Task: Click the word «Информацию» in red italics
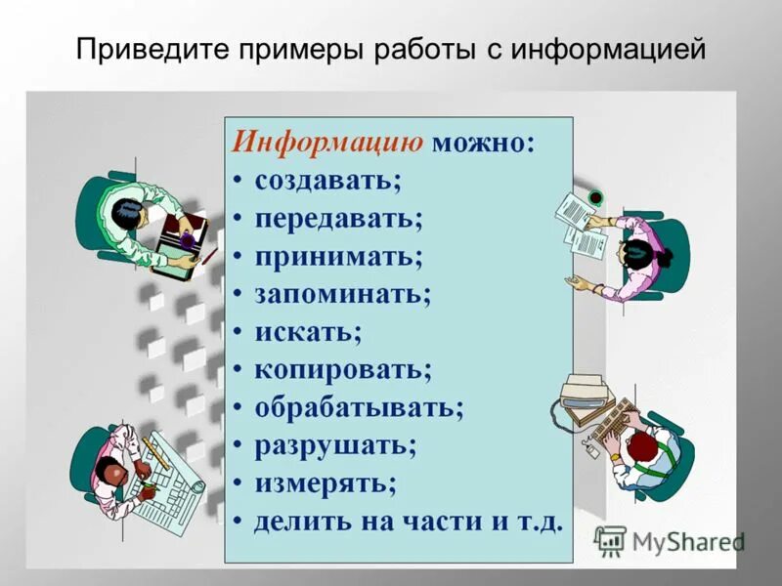tap(326, 142)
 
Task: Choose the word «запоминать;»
tap(343, 293)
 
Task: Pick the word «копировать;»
tap(343, 369)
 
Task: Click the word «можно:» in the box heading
tap(484, 142)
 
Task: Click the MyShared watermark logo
tap(670, 540)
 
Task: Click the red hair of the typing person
tap(642, 449)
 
